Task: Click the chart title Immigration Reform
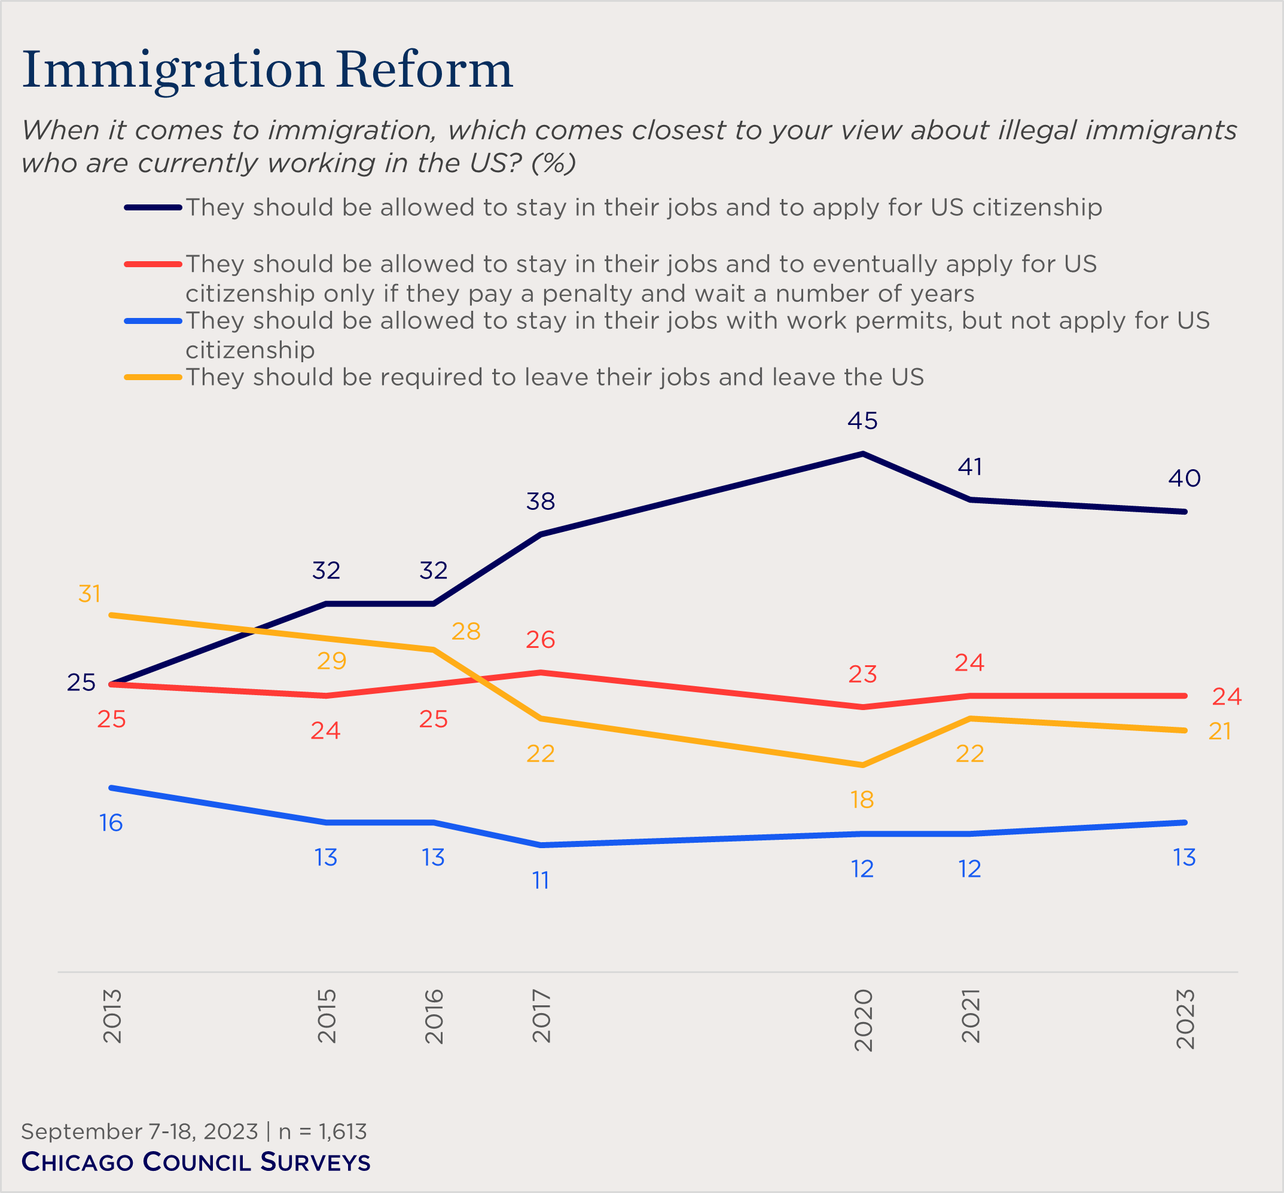[267, 69]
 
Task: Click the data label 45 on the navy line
[862, 421]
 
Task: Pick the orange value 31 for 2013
[90, 594]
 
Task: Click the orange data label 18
[862, 800]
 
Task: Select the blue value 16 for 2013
[111, 823]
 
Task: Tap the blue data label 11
[541, 880]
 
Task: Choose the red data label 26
[541, 640]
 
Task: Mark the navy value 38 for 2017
[541, 501]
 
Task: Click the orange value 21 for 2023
[1219, 732]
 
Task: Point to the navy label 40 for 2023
[1184, 478]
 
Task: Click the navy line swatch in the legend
[153, 207]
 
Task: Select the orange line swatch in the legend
[153, 377]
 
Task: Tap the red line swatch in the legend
[153, 264]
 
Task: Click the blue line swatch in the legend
[153, 321]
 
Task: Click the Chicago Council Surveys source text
[196, 1162]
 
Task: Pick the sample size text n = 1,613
[322, 1131]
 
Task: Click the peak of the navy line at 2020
[863, 454]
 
